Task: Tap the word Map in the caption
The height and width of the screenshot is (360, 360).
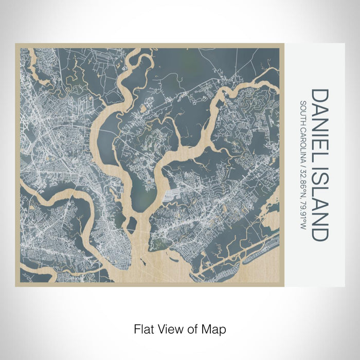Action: [x=215, y=328]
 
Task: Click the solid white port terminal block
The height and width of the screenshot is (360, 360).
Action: [x=170, y=196]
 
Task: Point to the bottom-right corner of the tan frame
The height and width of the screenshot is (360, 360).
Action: [x=284, y=285]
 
